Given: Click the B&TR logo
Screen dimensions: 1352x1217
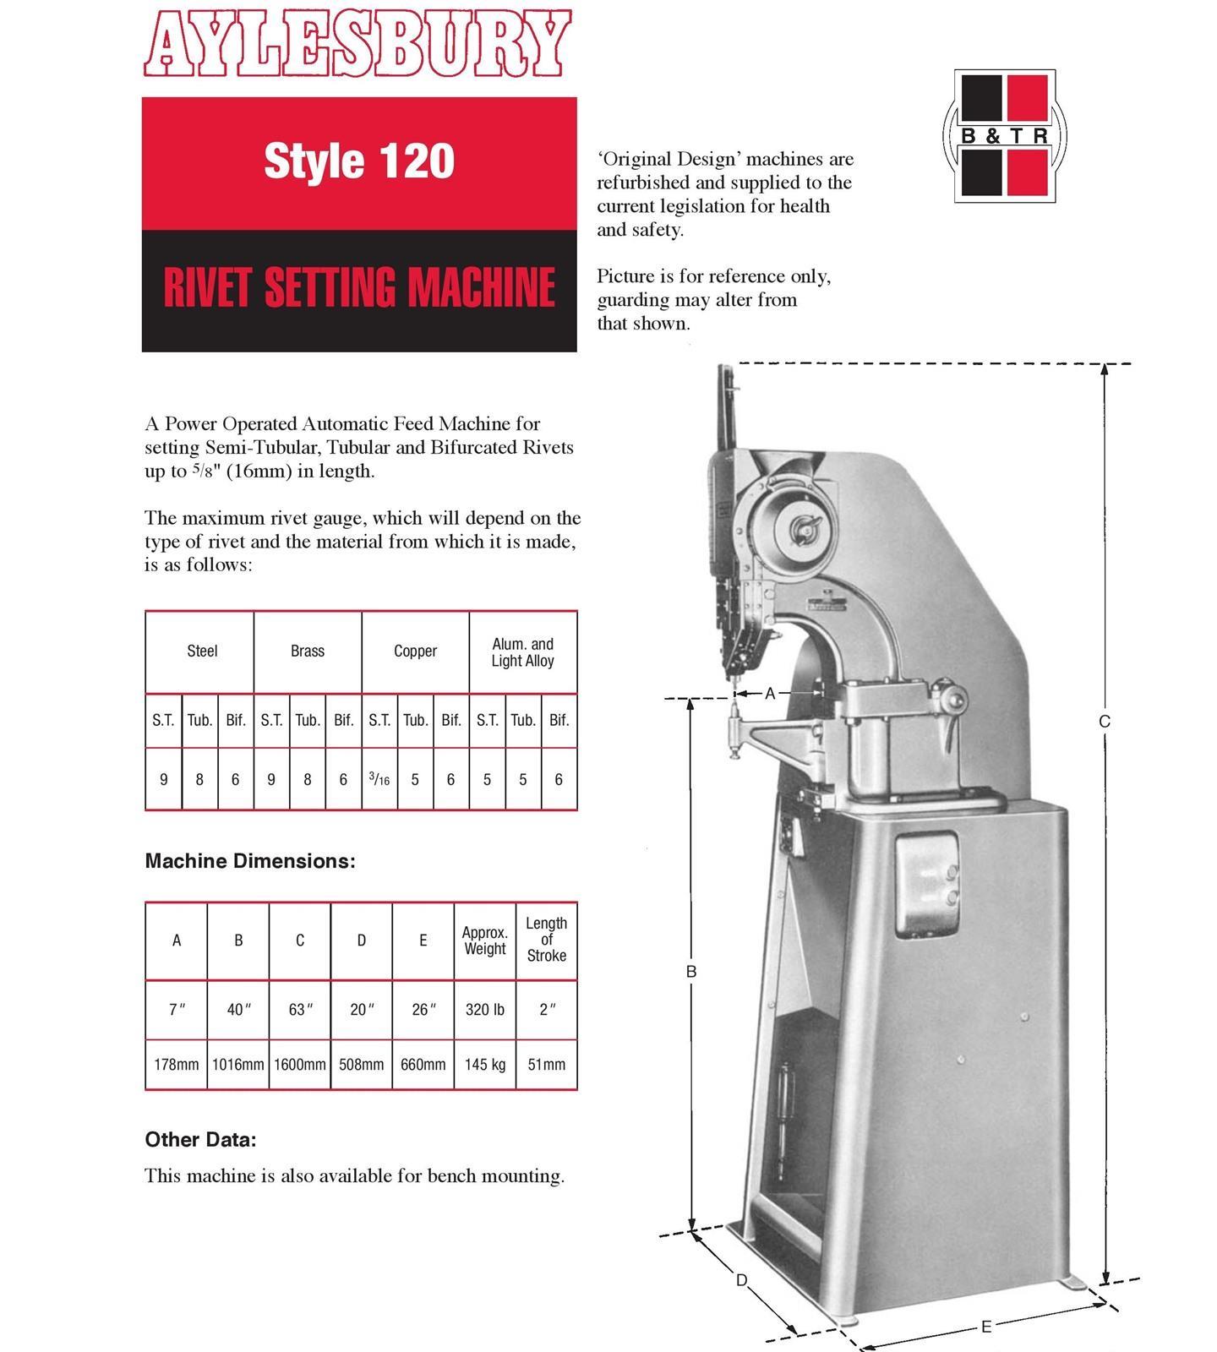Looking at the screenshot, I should [1004, 135].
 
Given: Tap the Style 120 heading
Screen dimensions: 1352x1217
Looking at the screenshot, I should [359, 161].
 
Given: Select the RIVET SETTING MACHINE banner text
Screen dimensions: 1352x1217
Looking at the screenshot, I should [359, 287].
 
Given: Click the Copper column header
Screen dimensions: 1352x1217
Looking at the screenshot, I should [415, 651].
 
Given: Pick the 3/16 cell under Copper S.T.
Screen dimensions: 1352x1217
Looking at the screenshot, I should [379, 779].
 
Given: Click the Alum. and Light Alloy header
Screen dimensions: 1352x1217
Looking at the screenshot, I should [523, 652].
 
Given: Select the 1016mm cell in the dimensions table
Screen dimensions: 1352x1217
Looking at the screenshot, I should [237, 1065].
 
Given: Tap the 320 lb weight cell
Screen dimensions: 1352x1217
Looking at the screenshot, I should [484, 1010].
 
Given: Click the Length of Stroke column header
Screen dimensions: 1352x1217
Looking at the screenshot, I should [546, 940].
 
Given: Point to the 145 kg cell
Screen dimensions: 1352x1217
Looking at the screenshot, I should [484, 1065].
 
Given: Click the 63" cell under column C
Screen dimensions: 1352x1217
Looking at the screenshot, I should [299, 1010].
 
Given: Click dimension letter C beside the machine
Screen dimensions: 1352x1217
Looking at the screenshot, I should [1104, 722].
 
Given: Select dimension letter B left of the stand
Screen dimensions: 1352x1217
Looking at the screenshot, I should [690, 972].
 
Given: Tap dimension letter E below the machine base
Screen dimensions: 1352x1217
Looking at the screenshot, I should [985, 1327].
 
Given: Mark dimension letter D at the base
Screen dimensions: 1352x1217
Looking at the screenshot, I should [741, 1280].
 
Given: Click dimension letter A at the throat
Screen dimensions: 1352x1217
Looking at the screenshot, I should [770, 694].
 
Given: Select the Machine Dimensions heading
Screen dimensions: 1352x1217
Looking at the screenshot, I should [250, 861].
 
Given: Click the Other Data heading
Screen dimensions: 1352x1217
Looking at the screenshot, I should [200, 1139].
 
